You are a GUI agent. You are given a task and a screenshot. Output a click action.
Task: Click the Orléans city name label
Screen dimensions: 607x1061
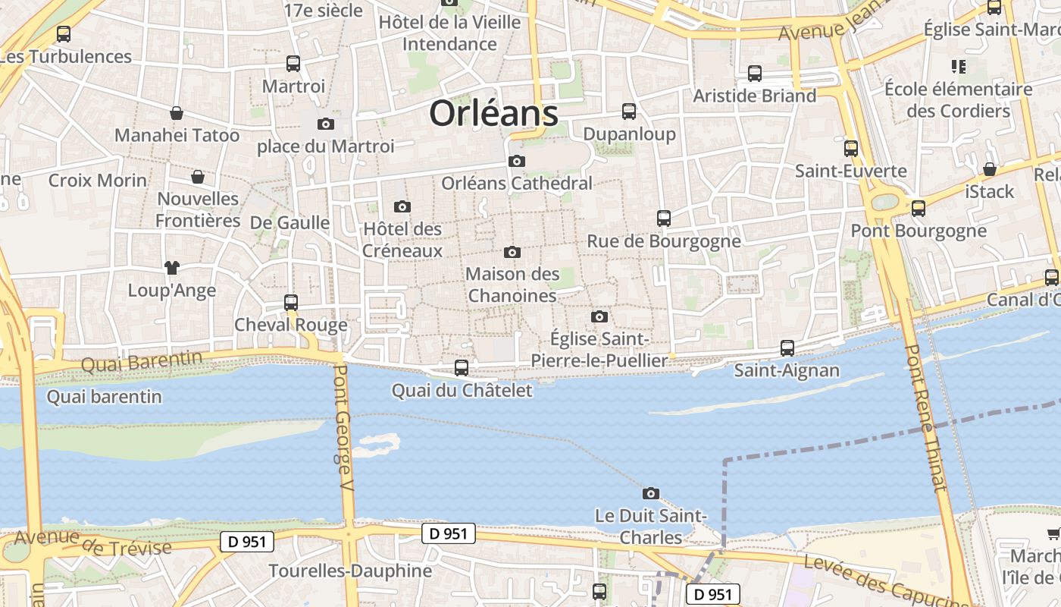(493, 114)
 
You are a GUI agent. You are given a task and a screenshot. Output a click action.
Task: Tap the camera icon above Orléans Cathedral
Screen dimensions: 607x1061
(517, 161)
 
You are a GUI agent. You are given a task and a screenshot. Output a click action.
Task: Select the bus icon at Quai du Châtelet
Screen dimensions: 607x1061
(461, 368)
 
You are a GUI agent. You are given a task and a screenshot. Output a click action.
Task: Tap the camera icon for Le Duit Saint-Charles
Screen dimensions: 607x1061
(650, 493)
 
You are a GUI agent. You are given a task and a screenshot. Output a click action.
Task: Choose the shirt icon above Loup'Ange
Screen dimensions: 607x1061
(172, 267)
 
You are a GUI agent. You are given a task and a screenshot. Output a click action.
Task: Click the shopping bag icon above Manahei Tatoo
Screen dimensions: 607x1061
(177, 113)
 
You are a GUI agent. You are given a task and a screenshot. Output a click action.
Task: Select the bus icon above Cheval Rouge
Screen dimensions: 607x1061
(290, 302)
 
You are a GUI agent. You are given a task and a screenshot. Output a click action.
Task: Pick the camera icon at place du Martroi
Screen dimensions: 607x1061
(326, 124)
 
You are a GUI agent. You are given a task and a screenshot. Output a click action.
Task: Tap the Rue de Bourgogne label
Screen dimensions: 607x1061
(664, 241)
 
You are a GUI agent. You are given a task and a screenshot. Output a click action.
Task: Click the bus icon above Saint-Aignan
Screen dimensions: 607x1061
(787, 348)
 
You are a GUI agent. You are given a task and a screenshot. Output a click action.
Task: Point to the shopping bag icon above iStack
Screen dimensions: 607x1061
(989, 168)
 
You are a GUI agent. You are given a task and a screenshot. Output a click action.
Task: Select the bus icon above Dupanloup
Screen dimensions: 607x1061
(628, 112)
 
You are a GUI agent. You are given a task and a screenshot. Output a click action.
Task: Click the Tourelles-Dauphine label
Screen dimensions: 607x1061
(350, 571)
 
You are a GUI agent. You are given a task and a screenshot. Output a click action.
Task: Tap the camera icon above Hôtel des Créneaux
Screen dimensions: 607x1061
(402, 206)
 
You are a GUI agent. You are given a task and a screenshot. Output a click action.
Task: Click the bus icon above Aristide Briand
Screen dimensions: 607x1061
(754, 74)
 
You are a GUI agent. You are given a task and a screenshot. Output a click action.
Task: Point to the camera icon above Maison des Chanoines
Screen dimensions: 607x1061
(512, 252)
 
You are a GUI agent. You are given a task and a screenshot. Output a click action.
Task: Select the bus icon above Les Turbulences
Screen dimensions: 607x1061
(64, 34)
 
